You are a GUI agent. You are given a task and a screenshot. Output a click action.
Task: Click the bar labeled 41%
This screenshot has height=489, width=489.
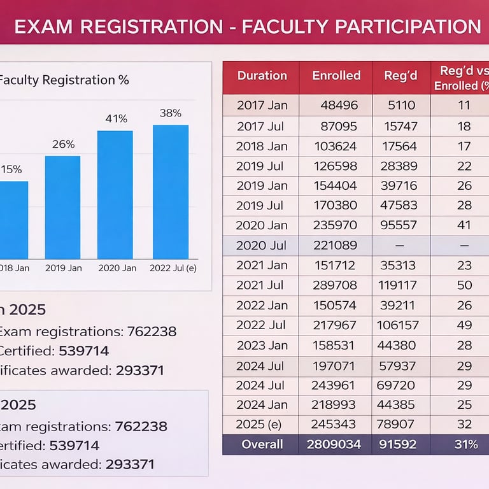(x=115, y=194)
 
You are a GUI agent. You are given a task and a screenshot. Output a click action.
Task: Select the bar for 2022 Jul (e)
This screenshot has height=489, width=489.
(x=171, y=191)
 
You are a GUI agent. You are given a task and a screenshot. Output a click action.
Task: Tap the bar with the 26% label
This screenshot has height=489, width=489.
(x=62, y=207)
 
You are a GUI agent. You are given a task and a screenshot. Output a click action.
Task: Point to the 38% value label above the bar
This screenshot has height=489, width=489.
(x=171, y=113)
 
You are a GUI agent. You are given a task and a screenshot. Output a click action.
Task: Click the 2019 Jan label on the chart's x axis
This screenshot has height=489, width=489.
(x=63, y=268)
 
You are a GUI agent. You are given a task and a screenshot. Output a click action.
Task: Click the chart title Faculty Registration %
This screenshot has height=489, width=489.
(x=64, y=80)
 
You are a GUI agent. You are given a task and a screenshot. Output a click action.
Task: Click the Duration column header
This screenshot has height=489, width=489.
(x=262, y=75)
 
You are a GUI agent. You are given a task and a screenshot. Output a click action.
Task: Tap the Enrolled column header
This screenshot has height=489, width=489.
(x=336, y=75)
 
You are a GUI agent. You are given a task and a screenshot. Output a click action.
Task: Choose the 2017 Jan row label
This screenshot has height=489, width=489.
(x=262, y=106)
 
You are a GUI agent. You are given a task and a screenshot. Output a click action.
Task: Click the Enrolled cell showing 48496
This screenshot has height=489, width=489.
(x=339, y=106)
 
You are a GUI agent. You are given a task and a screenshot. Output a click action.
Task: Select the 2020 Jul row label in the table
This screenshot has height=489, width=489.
(x=262, y=246)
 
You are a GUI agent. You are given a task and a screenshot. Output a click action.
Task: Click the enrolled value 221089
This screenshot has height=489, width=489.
(x=336, y=246)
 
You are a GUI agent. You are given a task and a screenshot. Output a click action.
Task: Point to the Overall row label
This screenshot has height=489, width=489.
(x=262, y=444)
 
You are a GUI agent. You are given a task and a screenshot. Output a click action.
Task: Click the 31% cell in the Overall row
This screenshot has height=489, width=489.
(x=465, y=444)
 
